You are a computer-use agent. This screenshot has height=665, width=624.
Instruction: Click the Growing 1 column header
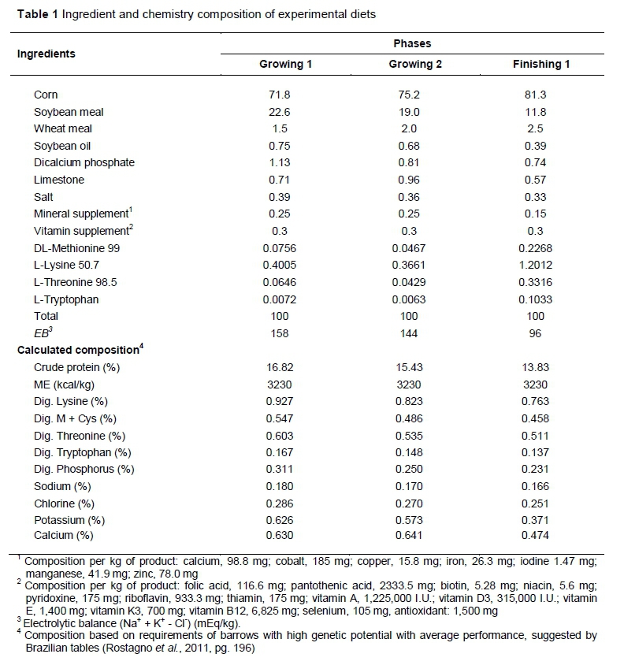286,65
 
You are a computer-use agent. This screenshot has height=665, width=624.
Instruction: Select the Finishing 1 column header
535,65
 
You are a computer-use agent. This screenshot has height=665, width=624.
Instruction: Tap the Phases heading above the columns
412,44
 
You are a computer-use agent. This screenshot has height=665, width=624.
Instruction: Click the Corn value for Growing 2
410,95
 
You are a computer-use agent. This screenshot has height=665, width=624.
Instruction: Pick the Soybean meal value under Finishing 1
535,112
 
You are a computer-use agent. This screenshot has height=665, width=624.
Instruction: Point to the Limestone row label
59,180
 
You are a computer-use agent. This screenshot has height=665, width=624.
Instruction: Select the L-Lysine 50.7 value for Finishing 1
535,266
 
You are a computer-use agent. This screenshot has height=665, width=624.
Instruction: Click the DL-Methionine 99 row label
76,248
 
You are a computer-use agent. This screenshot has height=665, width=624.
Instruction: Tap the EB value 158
285,333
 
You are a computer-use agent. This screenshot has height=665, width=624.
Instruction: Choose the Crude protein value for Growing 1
285,367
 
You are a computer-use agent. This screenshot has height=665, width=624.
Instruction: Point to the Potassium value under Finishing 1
535,520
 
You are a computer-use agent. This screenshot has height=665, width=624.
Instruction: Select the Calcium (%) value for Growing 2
410,537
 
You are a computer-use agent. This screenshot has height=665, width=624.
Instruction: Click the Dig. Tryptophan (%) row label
83,452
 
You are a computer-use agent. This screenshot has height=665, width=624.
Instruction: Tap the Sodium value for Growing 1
285,486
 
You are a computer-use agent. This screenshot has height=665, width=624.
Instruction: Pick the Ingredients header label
47,54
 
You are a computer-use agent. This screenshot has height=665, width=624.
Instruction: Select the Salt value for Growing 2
410,197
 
